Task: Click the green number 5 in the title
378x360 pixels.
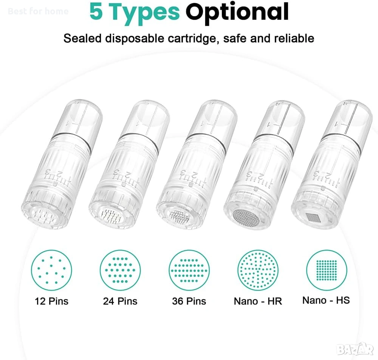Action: (x=96, y=11)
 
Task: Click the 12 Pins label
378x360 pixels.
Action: (x=51, y=301)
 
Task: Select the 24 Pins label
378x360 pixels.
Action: (x=120, y=301)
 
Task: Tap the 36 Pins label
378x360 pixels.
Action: (x=189, y=301)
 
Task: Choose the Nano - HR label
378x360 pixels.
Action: (x=258, y=301)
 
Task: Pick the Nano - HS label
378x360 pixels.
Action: (x=326, y=301)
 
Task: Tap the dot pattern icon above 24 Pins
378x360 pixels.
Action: (x=120, y=270)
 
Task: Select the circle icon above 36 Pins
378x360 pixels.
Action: (x=169, y=270)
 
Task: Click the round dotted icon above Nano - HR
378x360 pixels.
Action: (x=258, y=270)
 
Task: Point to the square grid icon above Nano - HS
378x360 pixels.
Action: (x=327, y=270)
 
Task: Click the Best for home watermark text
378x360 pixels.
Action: (x=38, y=11)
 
